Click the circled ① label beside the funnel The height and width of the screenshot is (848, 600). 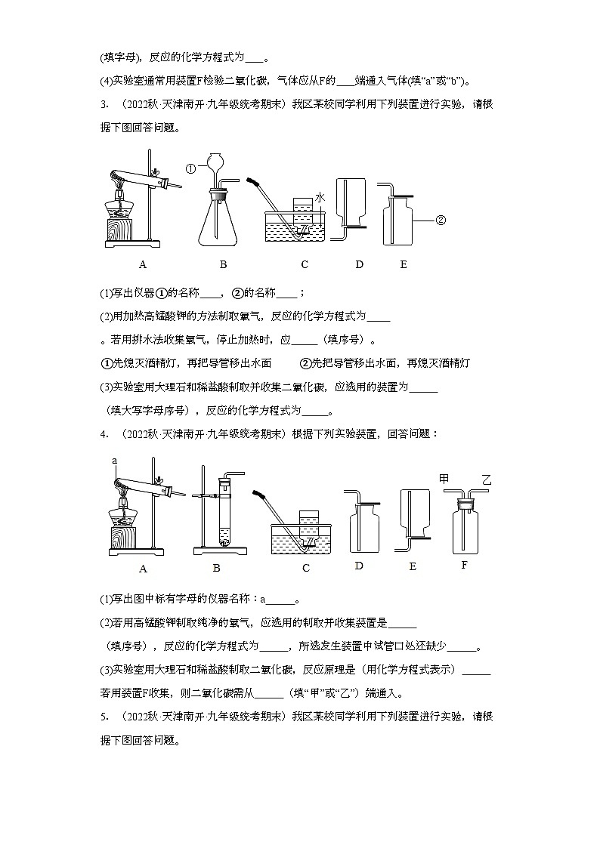pyautogui.click(x=191, y=168)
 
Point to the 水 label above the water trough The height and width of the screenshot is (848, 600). pyautogui.click(x=320, y=197)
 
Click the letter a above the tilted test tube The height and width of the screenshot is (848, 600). pyautogui.click(x=115, y=460)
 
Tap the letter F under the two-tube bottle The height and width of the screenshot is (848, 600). pyautogui.click(x=465, y=565)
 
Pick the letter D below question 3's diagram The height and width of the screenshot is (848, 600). pyautogui.click(x=359, y=264)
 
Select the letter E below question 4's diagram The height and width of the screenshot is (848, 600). pyautogui.click(x=412, y=566)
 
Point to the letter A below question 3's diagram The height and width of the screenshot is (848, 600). pyautogui.click(x=142, y=264)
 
